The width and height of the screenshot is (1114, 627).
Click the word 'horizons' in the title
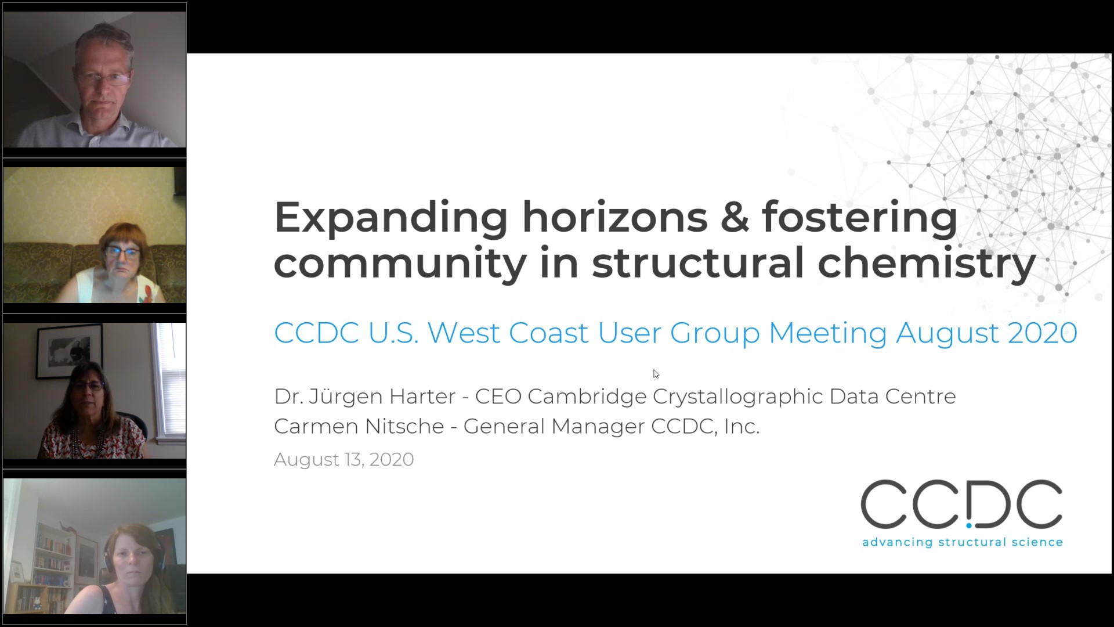pyautogui.click(x=614, y=217)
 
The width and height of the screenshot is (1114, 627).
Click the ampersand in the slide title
pyautogui.click(x=735, y=217)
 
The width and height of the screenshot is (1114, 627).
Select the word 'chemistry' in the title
pyautogui.click(x=927, y=262)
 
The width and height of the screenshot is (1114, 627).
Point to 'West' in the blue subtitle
pyautogui.click(x=463, y=333)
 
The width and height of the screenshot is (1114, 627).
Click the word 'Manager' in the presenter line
pyautogui.click(x=598, y=426)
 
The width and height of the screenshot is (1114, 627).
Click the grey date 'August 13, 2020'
pyautogui.click(x=343, y=459)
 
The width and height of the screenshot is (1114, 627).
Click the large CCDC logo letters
pyautogui.click(x=961, y=505)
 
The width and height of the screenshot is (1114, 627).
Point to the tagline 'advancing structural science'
pyautogui.click(x=962, y=542)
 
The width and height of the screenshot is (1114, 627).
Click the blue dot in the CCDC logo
pyautogui.click(x=969, y=525)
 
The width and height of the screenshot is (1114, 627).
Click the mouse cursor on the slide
pyautogui.click(x=656, y=374)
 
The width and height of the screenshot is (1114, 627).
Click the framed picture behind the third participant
pyautogui.click(x=68, y=352)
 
